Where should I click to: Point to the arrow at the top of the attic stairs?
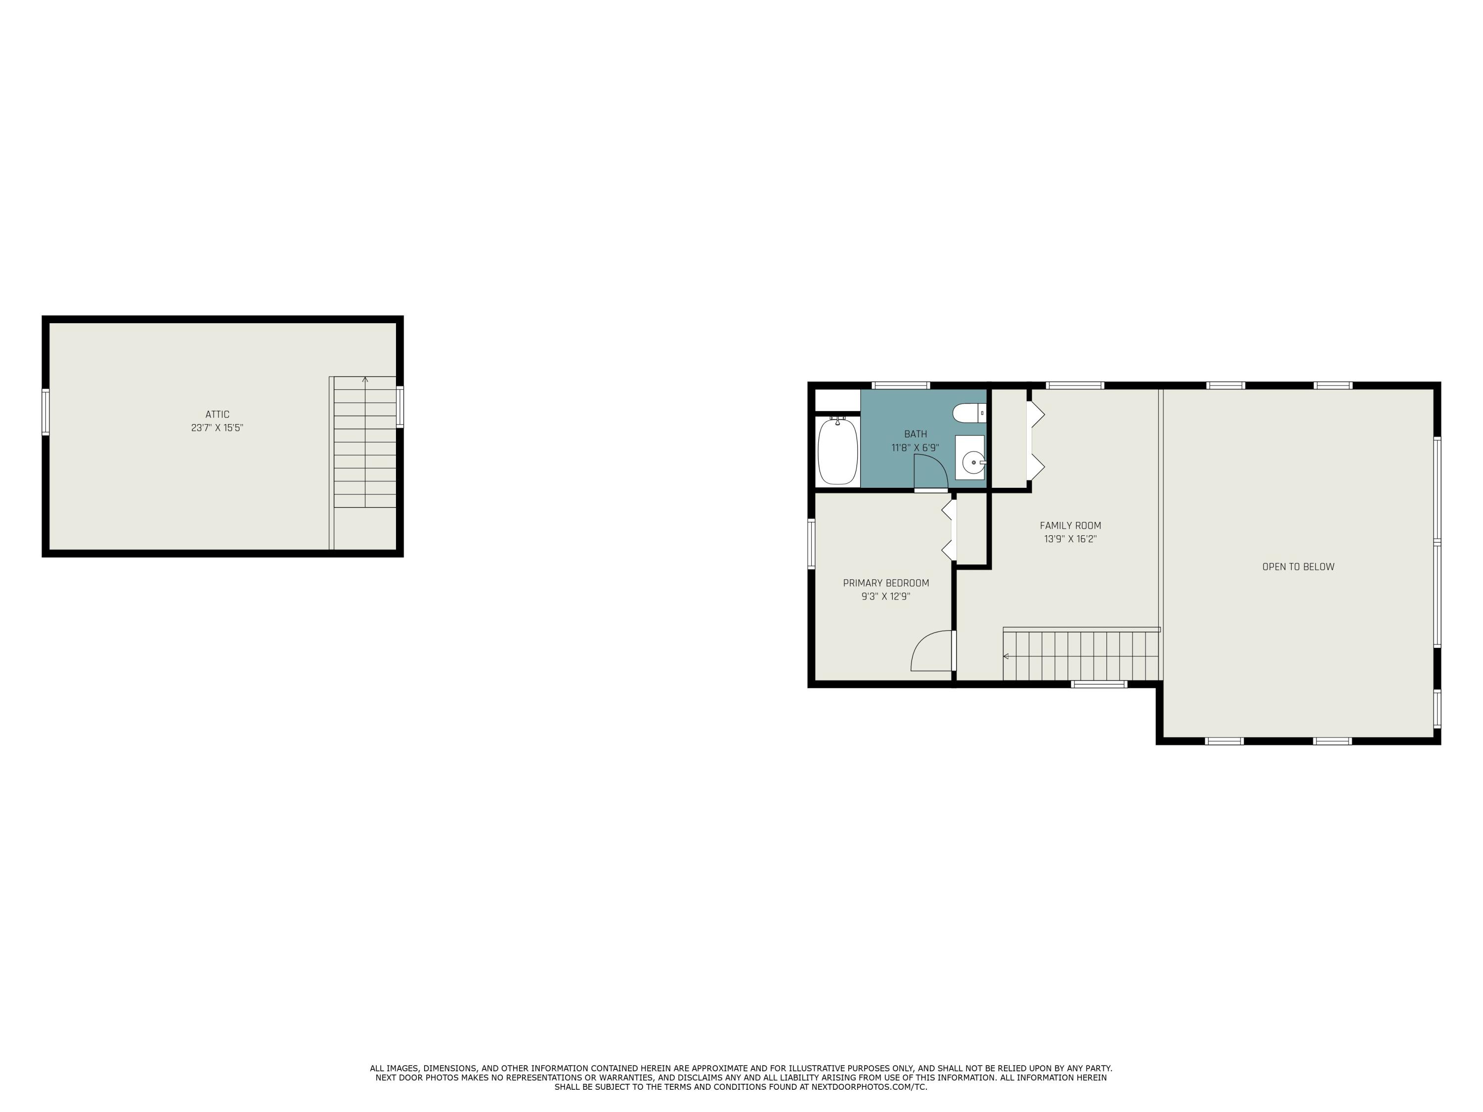pos(365,380)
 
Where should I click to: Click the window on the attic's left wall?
pos(45,412)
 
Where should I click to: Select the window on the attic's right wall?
pos(399,406)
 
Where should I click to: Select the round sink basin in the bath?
pos(973,462)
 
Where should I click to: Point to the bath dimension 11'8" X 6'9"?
pos(915,448)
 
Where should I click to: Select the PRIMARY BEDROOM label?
pos(886,583)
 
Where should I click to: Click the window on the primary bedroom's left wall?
pos(811,544)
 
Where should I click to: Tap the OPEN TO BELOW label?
pos(1298,567)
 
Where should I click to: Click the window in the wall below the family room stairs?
pos(1099,684)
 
